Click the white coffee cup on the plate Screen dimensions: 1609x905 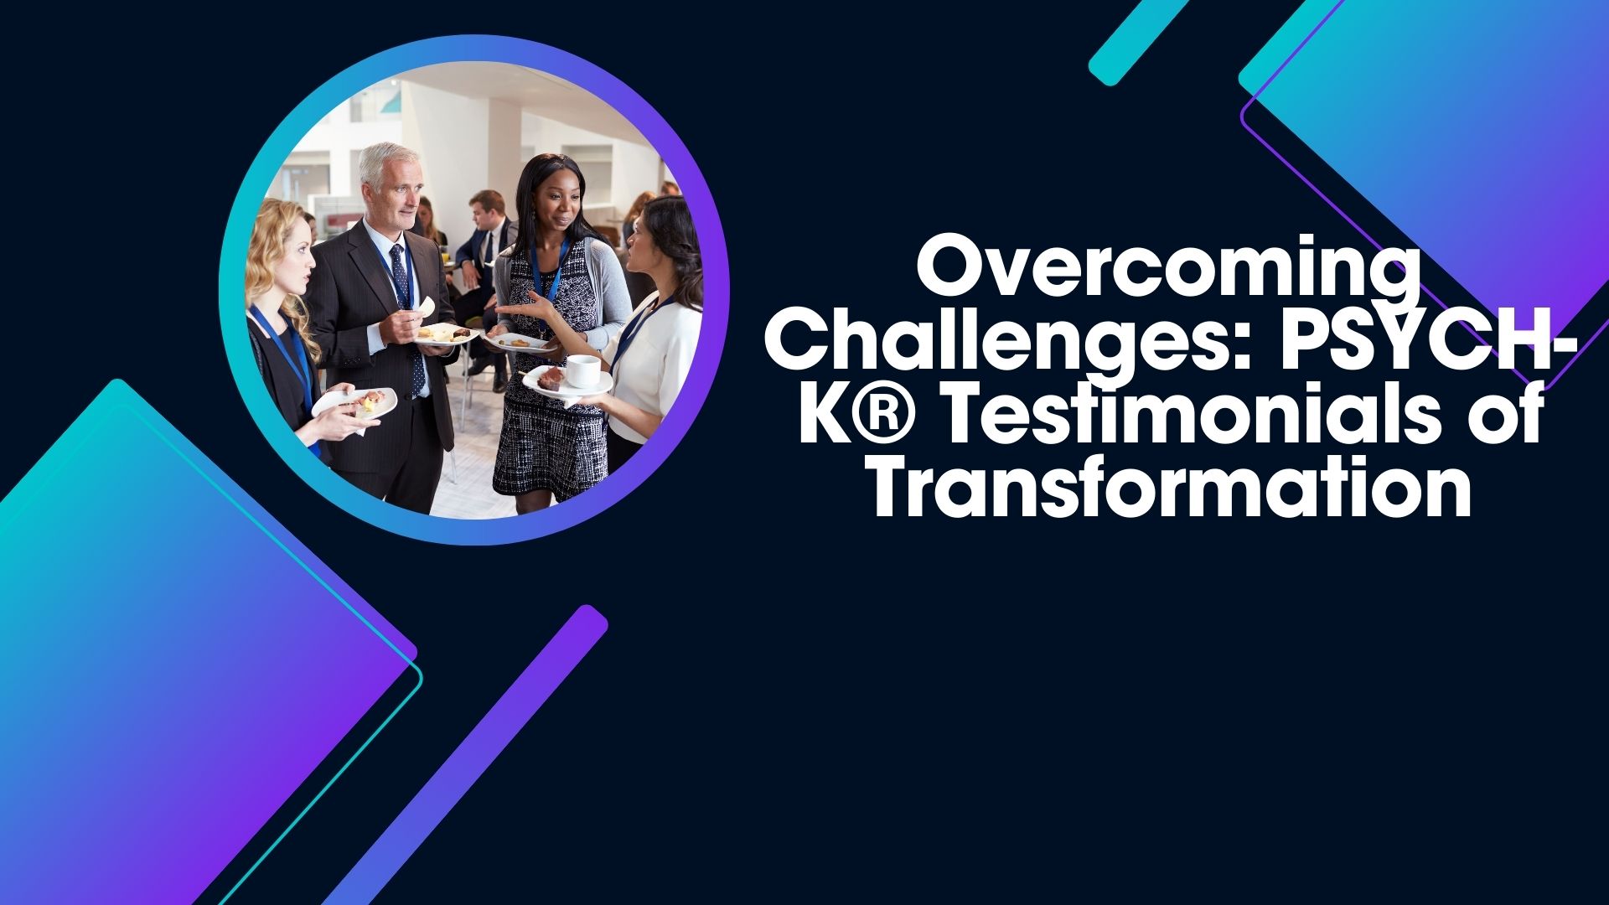click(582, 370)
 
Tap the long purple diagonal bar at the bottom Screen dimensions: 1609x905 click(465, 754)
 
